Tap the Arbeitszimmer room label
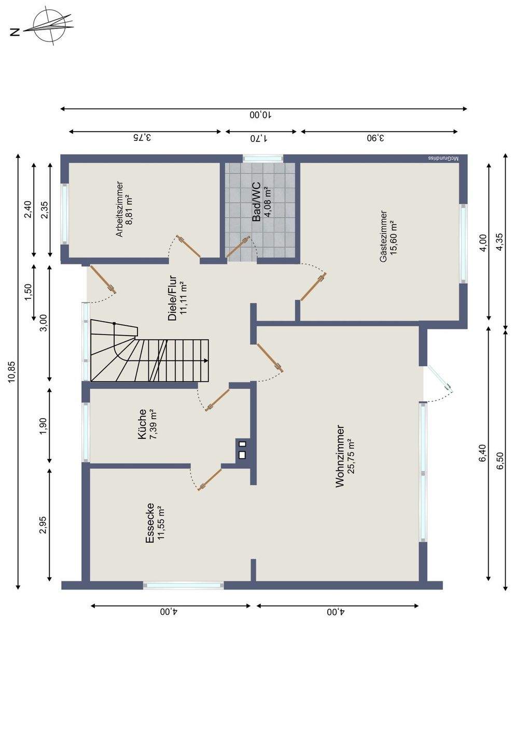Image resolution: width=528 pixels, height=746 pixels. point(119,209)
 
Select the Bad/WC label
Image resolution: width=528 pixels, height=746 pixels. point(257,204)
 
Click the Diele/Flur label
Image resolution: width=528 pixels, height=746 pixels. point(172,298)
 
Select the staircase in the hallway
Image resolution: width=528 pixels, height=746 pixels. point(150,350)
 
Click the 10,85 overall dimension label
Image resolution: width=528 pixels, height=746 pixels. point(12,371)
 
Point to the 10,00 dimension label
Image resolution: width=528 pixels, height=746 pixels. point(261,115)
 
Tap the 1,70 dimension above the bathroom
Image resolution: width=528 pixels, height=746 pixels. point(259,138)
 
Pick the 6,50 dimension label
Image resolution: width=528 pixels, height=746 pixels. point(499,460)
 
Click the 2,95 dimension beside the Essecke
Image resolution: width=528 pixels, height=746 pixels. point(43,525)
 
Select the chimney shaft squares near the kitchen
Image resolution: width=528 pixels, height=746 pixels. point(242,449)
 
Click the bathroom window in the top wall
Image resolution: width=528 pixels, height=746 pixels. point(262,158)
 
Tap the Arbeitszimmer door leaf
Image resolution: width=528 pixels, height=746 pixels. point(188,247)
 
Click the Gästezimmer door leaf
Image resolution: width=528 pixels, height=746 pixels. point(313,287)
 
